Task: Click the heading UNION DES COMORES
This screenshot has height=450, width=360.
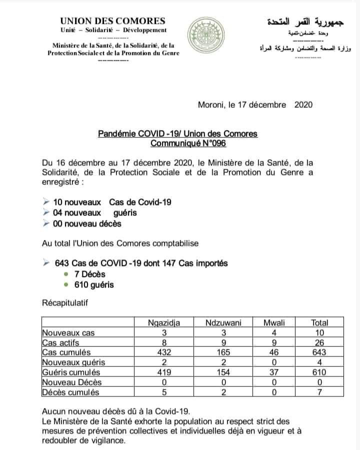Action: pyautogui.click(x=112, y=21)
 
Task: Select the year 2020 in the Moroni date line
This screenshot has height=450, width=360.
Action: pyautogui.click(x=303, y=104)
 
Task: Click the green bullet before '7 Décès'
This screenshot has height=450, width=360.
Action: pyautogui.click(x=66, y=274)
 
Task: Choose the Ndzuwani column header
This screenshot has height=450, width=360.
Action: pyautogui.click(x=223, y=322)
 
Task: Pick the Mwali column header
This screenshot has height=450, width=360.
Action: pyautogui.click(x=274, y=322)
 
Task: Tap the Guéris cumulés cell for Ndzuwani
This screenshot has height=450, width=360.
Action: pyautogui.click(x=223, y=372)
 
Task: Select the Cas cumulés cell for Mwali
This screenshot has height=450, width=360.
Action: pyautogui.click(x=274, y=352)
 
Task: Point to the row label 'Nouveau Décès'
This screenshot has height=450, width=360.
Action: pyautogui.click(x=68, y=382)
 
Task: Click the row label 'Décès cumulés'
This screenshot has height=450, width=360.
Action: pyautogui.click(x=67, y=392)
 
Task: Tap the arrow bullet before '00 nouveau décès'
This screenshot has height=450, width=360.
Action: pyautogui.click(x=46, y=223)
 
